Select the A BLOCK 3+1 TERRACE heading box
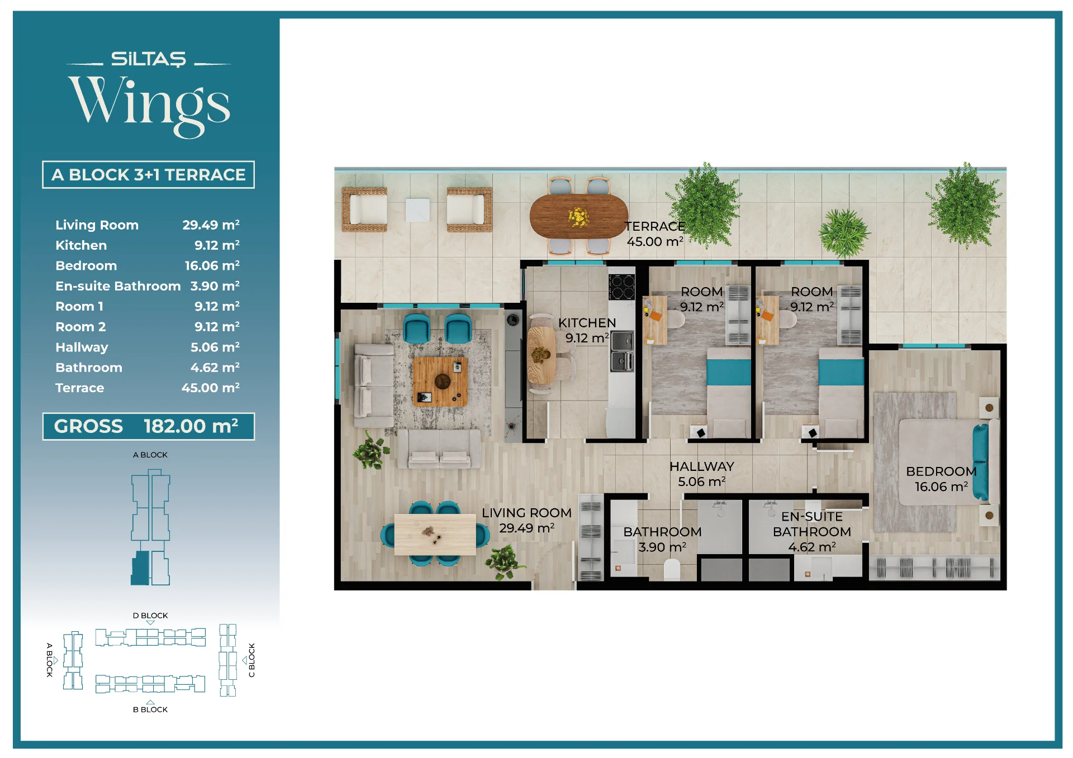149,175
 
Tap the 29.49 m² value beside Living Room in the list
211,225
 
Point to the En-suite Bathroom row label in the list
118,286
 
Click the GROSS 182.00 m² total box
149,426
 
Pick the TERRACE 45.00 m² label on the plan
655,234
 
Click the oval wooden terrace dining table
579,216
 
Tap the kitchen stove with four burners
622,287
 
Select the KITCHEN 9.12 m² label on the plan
587,330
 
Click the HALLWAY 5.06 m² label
702,474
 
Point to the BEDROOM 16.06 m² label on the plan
941,479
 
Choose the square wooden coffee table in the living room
440,382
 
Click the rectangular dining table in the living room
435,535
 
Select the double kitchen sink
622,351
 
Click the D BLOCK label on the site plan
150,616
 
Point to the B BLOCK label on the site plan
150,709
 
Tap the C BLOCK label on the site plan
251,660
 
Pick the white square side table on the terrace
417,210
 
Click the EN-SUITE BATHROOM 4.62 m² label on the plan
811,532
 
